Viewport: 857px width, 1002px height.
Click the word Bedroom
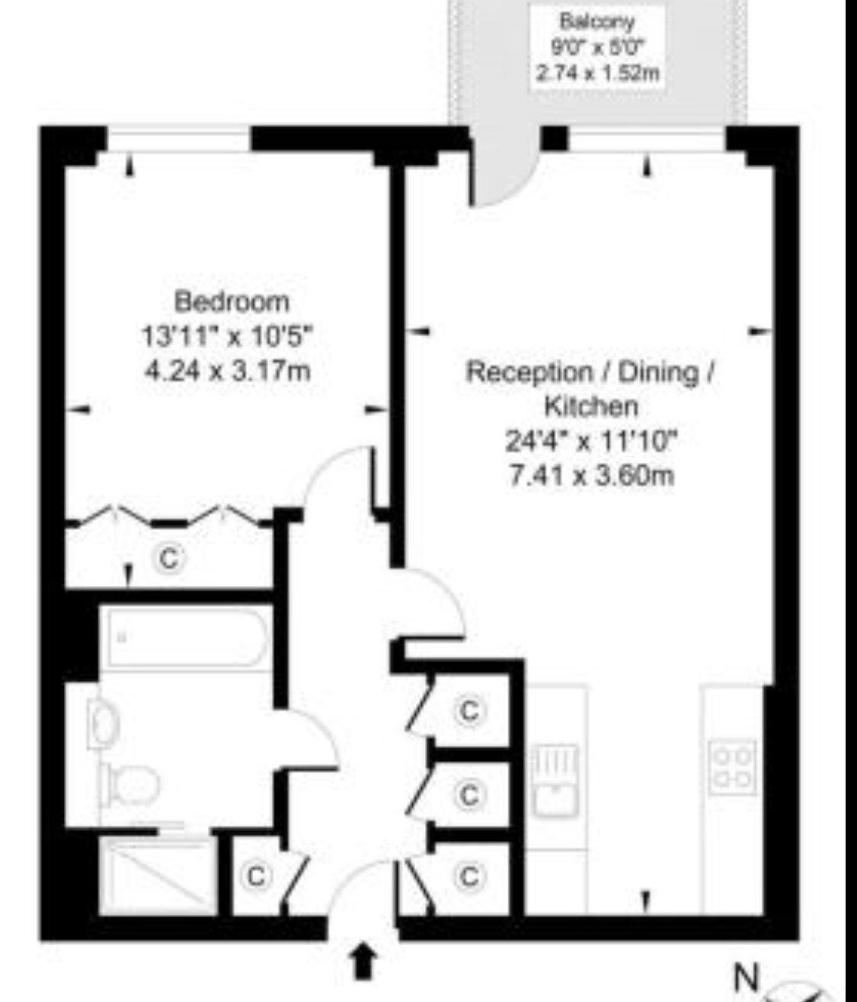pos(232,302)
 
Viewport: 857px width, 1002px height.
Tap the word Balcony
pos(596,21)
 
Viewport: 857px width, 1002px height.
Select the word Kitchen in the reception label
pos(591,406)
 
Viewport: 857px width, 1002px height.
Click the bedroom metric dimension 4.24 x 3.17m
pos(228,371)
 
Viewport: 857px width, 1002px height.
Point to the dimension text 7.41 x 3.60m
pos(591,475)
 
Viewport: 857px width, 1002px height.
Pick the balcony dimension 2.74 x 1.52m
pos(597,74)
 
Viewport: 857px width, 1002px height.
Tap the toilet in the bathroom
pos(130,785)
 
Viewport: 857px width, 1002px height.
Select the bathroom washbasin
pos(104,724)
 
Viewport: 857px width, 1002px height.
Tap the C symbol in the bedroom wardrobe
pos(169,559)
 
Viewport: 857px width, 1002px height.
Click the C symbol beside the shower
pos(256,876)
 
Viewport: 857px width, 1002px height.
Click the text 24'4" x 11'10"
pos(591,441)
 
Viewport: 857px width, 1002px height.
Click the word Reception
pos(529,372)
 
